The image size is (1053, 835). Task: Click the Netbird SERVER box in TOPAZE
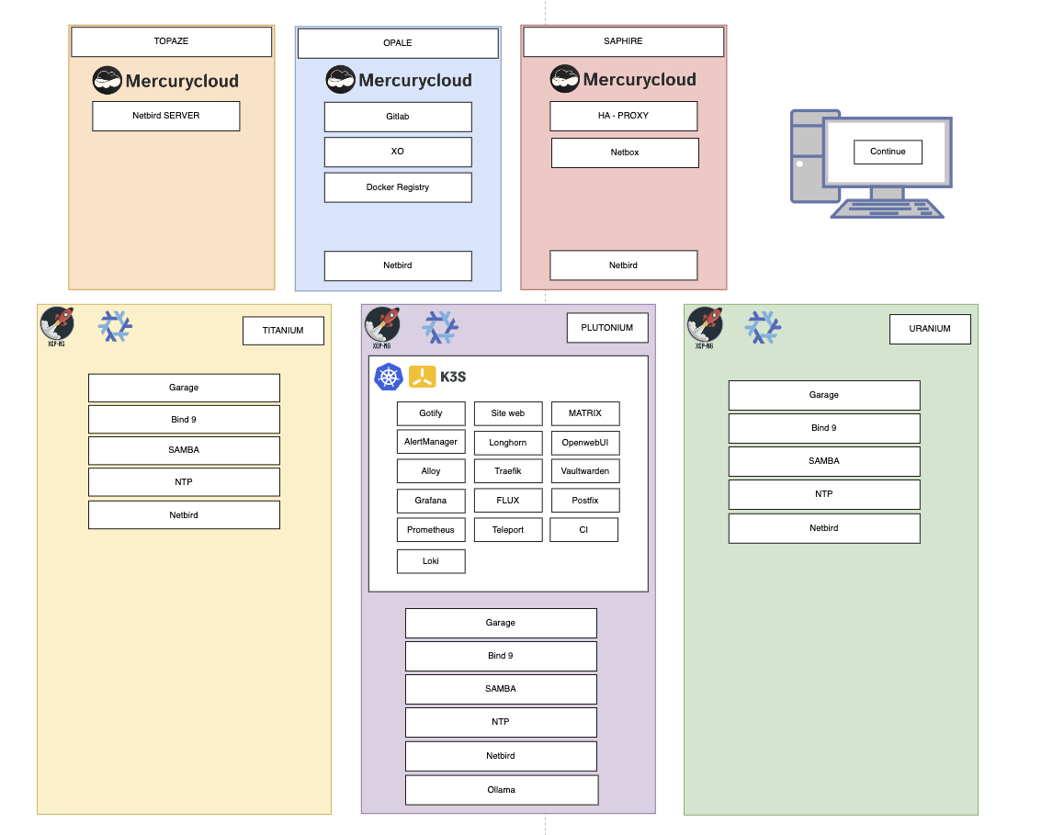[x=165, y=116]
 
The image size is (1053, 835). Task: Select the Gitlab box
[x=397, y=117]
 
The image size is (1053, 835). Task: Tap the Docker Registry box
[x=397, y=187]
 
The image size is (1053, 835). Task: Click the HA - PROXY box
[x=623, y=116]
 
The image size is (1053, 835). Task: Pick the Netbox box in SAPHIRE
[x=625, y=152]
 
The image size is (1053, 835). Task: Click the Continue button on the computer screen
[x=888, y=152]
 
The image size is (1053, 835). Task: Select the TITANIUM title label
[x=283, y=331]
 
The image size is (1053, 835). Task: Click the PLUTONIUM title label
[x=606, y=328]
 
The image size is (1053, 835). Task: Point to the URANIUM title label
[x=930, y=329]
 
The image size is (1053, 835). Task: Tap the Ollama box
[x=502, y=790]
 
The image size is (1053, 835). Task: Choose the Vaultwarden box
[x=585, y=471]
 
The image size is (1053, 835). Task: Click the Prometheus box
[x=431, y=530]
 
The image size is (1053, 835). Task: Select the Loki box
[x=431, y=561]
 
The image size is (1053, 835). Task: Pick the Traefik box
[x=507, y=471]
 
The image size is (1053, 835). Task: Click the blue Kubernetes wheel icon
[x=389, y=377]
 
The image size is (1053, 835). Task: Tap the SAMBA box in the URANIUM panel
[x=824, y=461]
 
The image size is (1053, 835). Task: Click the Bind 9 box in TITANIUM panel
[x=184, y=420]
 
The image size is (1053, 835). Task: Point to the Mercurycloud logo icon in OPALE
[x=341, y=80]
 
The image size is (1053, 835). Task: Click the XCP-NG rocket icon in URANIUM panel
[x=705, y=324]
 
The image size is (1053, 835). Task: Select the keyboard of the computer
[x=887, y=209]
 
